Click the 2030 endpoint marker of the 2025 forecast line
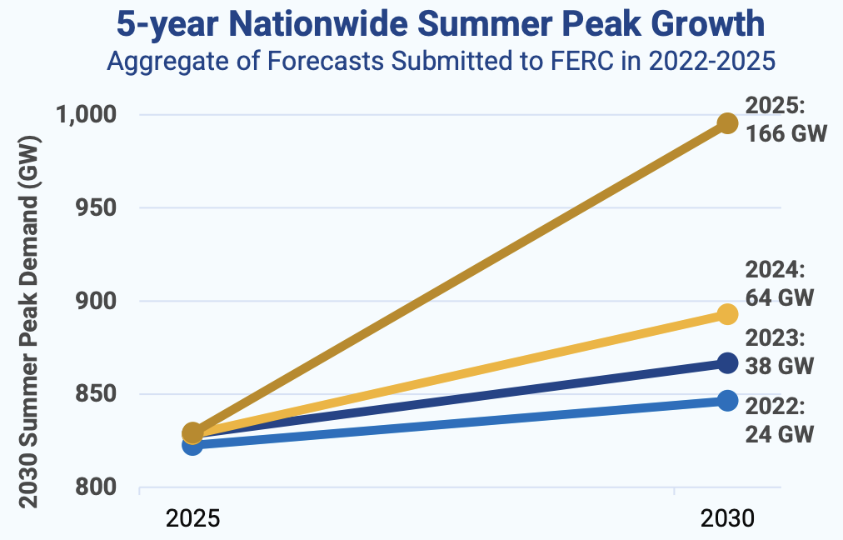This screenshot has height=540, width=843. click(727, 123)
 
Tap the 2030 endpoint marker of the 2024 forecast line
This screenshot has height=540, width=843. click(727, 314)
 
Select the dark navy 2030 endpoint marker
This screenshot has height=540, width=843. click(727, 362)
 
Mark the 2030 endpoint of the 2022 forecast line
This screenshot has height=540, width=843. click(727, 401)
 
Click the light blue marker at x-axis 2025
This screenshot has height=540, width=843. click(192, 445)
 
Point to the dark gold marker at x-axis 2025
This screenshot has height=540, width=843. click(192, 432)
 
